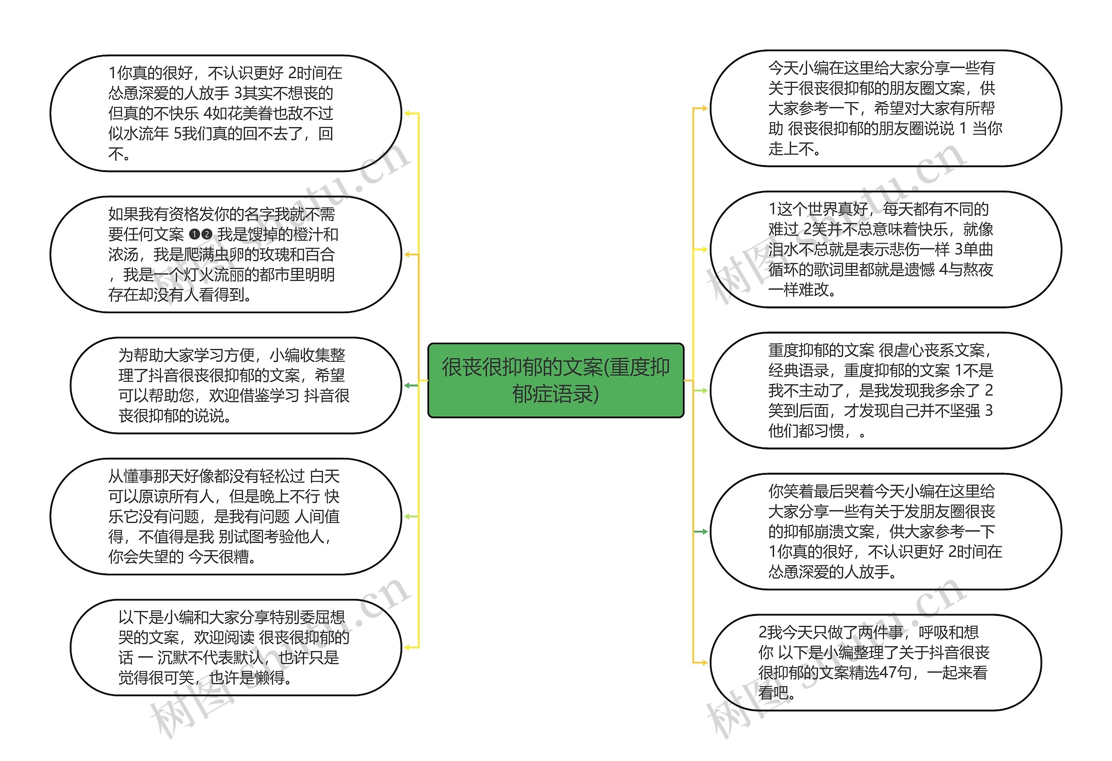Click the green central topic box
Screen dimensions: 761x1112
pos(556,380)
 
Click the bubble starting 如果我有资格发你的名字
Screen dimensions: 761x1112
pos(225,254)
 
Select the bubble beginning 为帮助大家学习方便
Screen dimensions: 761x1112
pos(235,385)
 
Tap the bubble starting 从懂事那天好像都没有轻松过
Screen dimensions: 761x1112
pos(225,516)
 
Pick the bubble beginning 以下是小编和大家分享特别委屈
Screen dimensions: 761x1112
pos(235,647)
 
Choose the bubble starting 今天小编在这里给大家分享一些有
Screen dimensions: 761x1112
pos(885,108)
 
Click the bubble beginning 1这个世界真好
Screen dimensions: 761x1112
pos(885,249)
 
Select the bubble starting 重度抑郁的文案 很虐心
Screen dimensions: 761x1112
pos(885,390)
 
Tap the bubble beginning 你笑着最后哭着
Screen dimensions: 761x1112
pos(885,531)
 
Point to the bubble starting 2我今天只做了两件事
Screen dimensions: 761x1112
pos(876,662)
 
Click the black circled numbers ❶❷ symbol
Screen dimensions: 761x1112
pos(201,235)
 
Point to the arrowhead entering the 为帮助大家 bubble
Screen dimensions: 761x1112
pos(408,385)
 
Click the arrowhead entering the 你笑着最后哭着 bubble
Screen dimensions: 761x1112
pos(703,531)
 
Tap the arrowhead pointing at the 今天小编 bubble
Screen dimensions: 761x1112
pos(703,108)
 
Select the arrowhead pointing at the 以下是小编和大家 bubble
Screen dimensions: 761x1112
pos(408,647)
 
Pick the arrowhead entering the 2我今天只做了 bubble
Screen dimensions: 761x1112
pos(703,662)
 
